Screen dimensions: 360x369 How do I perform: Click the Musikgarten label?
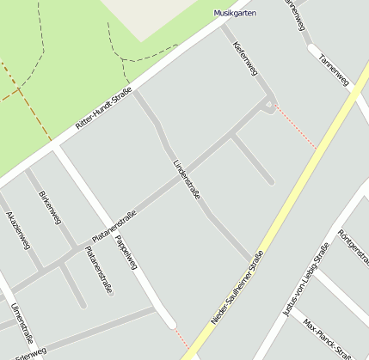[x=235, y=13]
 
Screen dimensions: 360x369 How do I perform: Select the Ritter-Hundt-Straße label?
[x=103, y=107]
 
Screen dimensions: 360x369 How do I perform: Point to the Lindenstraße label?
[x=186, y=180]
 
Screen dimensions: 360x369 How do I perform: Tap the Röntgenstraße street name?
[x=353, y=248]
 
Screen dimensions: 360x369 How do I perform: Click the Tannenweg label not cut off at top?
[x=334, y=70]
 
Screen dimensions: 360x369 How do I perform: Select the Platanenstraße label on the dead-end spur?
[x=98, y=271]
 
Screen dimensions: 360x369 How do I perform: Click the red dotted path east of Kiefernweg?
[x=297, y=129]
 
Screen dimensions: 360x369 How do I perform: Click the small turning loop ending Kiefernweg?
[x=270, y=107]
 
